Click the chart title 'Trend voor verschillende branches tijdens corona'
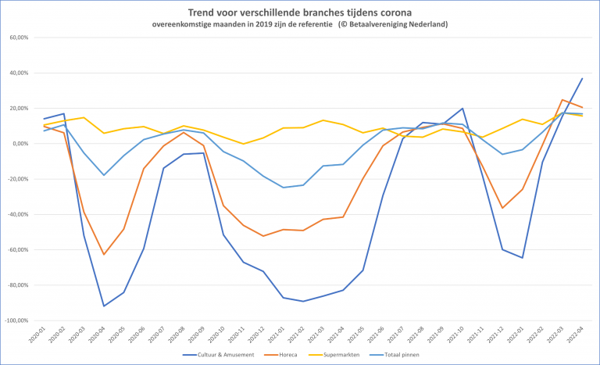(300, 13)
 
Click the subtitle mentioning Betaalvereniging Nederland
(300, 24)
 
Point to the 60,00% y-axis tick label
(17, 38)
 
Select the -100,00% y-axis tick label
(15, 320)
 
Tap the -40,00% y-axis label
(16, 214)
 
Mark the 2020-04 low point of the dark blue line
(104, 306)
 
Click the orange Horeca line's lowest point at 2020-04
(104, 254)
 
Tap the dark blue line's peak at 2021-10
(462, 109)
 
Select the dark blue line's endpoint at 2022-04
(582, 78)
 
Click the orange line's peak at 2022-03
(562, 100)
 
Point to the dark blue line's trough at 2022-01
(522, 258)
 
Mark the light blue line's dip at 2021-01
(284, 188)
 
